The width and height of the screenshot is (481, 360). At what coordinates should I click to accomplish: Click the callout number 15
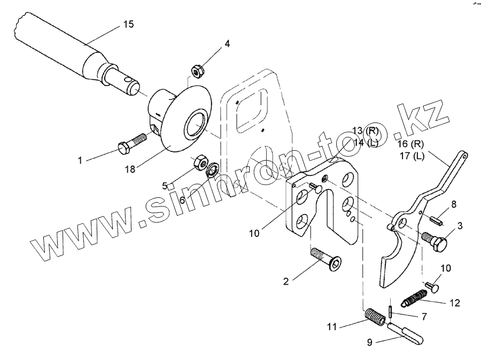128,25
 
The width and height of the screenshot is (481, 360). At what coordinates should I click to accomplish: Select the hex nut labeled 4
196,70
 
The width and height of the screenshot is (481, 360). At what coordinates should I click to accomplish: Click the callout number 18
130,170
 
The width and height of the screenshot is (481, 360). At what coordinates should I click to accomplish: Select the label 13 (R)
365,131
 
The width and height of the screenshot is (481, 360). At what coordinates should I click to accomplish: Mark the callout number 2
286,281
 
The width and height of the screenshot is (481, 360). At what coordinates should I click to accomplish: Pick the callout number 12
454,303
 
